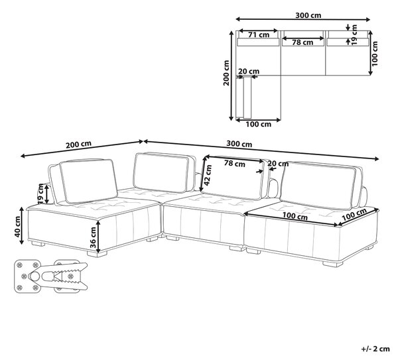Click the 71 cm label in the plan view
[259, 34]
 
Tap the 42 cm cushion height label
[208, 175]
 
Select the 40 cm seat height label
[17, 227]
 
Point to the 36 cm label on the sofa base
[93, 237]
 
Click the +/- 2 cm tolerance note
[375, 349]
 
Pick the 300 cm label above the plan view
[308, 15]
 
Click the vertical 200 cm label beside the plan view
[226, 73]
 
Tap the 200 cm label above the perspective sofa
[78, 145]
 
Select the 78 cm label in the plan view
[302, 42]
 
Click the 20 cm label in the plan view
[249, 72]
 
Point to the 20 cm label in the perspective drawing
[278, 164]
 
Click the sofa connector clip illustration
[51, 276]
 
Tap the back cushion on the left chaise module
[88, 181]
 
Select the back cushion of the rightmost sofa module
[318, 185]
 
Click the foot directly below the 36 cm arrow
[98, 253]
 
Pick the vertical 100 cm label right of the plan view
[375, 54]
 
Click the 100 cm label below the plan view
[259, 125]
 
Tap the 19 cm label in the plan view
[355, 34]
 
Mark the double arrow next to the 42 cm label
[203, 174]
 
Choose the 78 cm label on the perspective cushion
[235, 164]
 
